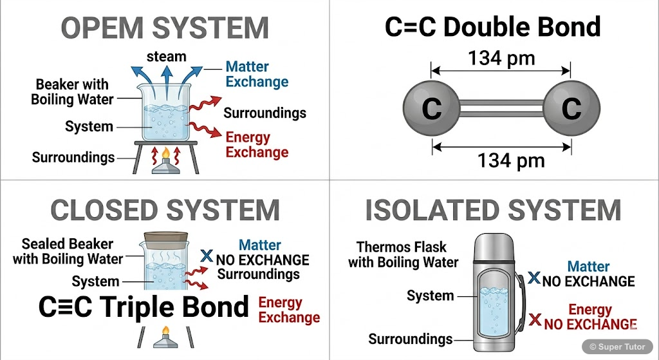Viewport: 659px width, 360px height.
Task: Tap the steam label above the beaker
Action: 166,57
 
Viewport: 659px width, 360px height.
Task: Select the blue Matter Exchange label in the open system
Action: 256,74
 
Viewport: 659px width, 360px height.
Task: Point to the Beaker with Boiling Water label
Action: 72,92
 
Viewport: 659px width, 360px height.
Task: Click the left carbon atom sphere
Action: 431,110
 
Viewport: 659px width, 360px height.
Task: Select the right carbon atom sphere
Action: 571,110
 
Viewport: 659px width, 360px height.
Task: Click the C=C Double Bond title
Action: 492,27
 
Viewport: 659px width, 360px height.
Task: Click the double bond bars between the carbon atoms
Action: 501,110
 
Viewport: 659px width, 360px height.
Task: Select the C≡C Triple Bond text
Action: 144,307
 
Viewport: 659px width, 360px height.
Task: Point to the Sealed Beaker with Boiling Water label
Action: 68,252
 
